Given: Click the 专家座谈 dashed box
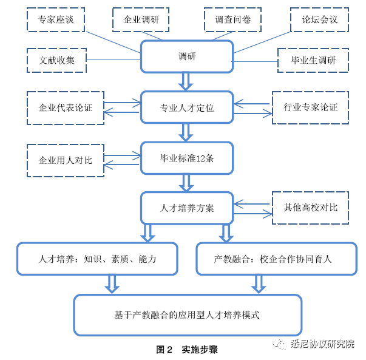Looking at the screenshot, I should pos(55,19).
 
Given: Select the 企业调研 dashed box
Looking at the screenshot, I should pos(141,19).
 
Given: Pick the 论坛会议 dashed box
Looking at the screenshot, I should pos(319,19).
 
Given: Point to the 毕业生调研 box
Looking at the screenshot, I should pos(313,61).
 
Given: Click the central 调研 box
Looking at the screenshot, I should pos(186,56).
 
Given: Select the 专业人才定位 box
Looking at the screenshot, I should pos(186,108).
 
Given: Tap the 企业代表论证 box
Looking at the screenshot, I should pos(66,108).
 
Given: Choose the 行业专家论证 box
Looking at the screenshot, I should pos(310,108).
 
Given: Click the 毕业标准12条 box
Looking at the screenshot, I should pos(186,158).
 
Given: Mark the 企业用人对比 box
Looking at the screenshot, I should pos(66,160).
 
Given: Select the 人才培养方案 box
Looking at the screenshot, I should pos(186,208).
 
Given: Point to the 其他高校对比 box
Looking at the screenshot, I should pos(310,207).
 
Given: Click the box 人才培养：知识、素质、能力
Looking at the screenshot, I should pos(97,259).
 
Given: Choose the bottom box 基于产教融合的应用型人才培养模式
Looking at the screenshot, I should pos(187,314).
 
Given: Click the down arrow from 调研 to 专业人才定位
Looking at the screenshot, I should pos(186,81).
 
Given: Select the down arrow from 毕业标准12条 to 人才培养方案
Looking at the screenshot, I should pos(186,182).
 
